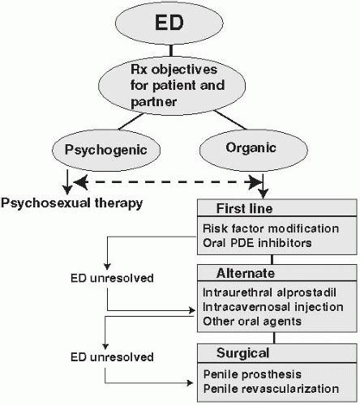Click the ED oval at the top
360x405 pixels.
click(x=169, y=23)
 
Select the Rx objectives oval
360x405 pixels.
click(x=172, y=85)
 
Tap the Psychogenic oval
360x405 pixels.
click(x=106, y=150)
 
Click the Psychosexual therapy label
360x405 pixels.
click(x=71, y=203)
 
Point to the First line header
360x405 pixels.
click(x=244, y=208)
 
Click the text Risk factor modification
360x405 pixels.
click(x=271, y=228)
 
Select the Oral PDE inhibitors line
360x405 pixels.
click(x=257, y=243)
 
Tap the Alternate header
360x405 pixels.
click(x=246, y=273)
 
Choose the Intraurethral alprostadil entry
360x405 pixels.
click(x=269, y=292)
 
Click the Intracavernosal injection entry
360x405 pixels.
click(x=273, y=307)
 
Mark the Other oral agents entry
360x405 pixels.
click(x=252, y=322)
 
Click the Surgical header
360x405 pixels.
click(x=242, y=353)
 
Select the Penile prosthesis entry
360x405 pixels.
click(x=252, y=374)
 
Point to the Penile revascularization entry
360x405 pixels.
click(x=271, y=389)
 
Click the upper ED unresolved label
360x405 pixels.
click(x=112, y=278)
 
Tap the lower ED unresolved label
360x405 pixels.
click(x=112, y=357)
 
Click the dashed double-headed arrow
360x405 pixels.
click(x=168, y=182)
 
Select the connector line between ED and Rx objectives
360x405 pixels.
click(x=171, y=50)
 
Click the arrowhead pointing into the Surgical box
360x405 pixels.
click(x=190, y=382)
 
